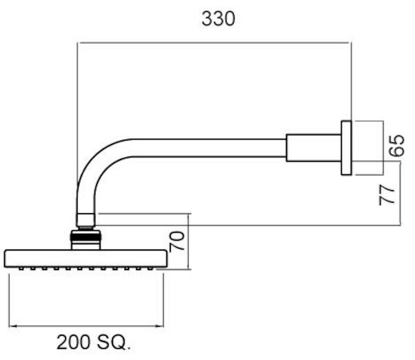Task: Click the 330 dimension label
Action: click(x=218, y=19)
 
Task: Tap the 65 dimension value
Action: click(x=397, y=146)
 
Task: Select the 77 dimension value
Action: click(x=387, y=196)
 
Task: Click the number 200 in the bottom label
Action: click(x=73, y=342)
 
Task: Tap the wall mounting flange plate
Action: click(x=347, y=148)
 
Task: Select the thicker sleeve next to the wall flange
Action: click(x=313, y=148)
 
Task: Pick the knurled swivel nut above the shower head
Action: click(x=86, y=236)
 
